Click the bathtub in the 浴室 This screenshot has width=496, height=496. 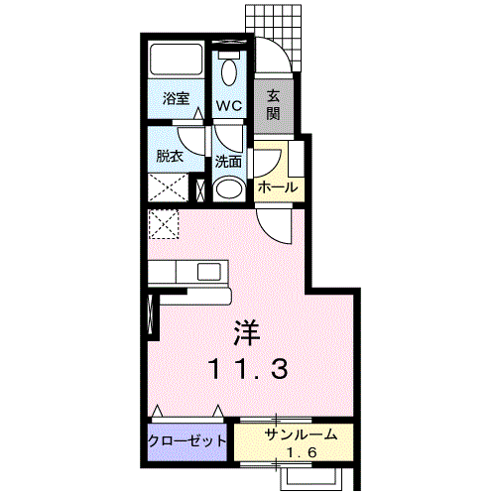(x=176, y=60)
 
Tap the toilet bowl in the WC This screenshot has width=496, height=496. (x=229, y=71)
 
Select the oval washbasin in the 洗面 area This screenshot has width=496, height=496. (x=229, y=189)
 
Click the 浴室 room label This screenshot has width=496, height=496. (x=176, y=98)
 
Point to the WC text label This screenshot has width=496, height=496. (x=229, y=106)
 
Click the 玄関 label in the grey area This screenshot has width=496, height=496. (x=273, y=105)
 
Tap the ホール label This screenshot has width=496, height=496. (x=278, y=187)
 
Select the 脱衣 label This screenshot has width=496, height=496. (x=170, y=156)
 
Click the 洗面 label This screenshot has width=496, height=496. (x=228, y=162)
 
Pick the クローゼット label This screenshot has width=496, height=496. (x=187, y=440)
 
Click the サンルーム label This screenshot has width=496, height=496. (x=301, y=434)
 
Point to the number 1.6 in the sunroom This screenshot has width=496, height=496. (x=302, y=452)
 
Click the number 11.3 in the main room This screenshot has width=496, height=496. (x=248, y=369)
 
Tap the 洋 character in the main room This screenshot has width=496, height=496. (x=247, y=333)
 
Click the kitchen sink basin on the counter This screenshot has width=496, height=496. (x=209, y=272)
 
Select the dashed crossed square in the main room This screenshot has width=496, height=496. (x=164, y=224)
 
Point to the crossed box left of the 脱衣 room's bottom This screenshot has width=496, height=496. (x=168, y=187)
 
